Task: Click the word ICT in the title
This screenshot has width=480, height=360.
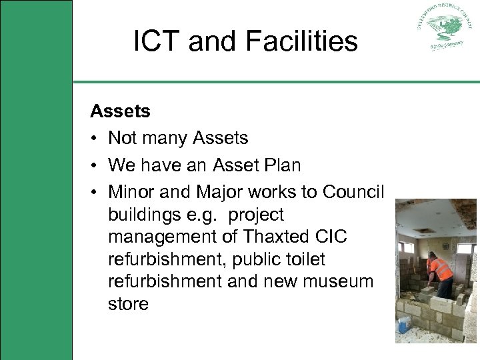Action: coord(157,41)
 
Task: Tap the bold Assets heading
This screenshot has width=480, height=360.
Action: coord(120,111)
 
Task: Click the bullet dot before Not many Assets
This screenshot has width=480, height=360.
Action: coord(95,139)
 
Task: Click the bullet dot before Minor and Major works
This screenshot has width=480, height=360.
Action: coord(95,193)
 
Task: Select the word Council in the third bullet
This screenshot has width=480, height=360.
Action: coord(353,192)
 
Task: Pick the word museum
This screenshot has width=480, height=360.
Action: coord(339,281)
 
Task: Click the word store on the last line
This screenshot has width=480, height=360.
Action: coord(128,304)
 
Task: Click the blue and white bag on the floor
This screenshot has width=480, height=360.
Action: coord(405,324)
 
